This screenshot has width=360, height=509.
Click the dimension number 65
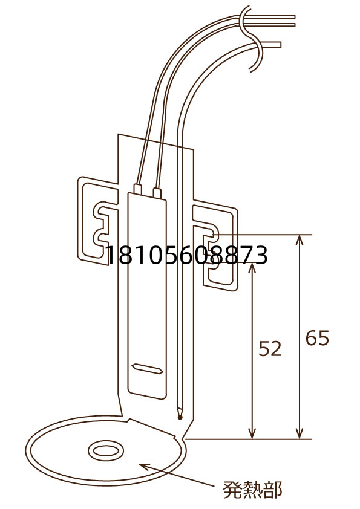coord(318,339)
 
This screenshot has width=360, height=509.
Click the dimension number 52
coord(270,349)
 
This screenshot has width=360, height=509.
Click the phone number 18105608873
coord(187,255)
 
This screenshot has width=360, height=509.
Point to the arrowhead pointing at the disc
coord(145,467)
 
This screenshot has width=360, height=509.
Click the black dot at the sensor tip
coord(180,417)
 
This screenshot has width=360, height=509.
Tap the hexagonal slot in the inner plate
coord(147,368)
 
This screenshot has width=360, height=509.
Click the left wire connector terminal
coord(138,190)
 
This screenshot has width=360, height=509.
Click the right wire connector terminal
coord(157,192)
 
